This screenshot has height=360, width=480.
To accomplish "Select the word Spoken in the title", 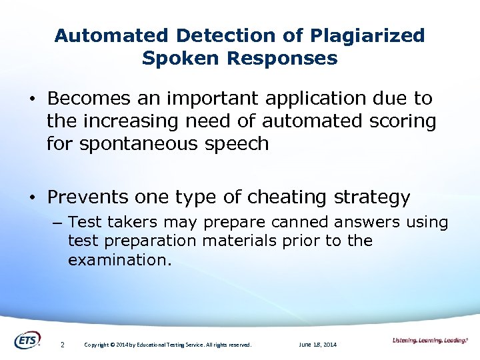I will click(x=181, y=58).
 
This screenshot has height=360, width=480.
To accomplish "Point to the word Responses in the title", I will click(x=282, y=58).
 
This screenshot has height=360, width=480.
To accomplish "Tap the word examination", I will click(x=119, y=260).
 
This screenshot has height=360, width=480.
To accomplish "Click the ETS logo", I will click(x=27, y=340).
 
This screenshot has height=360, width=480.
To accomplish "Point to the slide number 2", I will click(x=62, y=345).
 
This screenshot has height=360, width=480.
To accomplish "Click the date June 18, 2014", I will click(x=318, y=345).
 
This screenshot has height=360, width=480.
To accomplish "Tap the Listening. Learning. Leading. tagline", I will click(x=430, y=341).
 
